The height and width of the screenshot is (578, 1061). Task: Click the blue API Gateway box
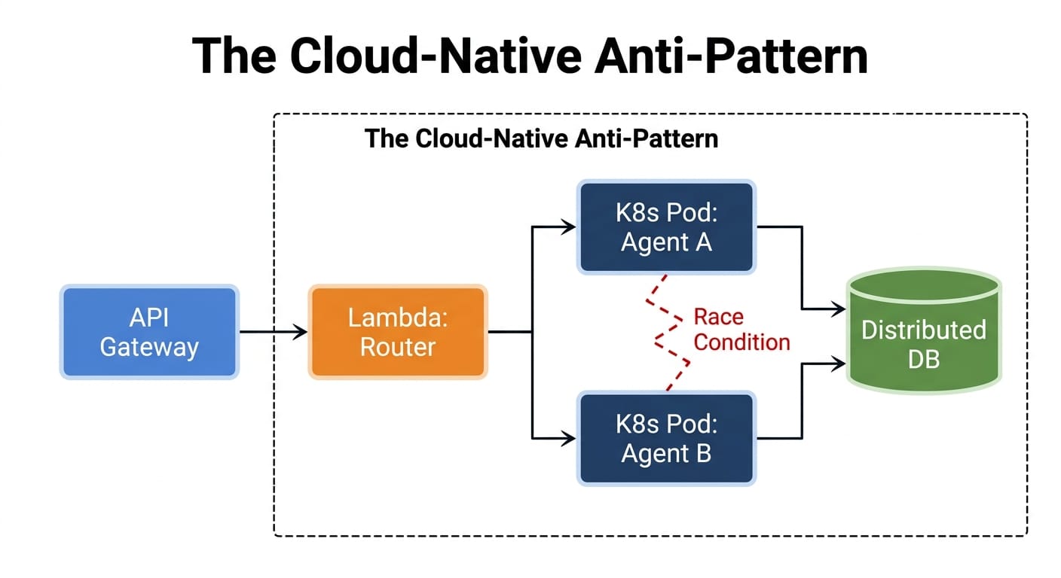149,332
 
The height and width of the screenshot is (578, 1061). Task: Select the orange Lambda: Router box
398,332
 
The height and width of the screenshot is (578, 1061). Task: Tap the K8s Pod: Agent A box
666,227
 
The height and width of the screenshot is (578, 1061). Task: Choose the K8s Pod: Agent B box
666,438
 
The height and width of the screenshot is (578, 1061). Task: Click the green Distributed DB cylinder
923,332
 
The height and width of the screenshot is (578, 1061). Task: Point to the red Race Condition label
741,329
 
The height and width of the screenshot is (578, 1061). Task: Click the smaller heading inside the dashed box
541,139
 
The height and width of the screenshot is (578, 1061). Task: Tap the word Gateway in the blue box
149,347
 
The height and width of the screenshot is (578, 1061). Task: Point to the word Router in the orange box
398,347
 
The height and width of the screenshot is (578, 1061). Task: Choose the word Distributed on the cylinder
923,330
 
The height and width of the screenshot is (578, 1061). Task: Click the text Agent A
666,242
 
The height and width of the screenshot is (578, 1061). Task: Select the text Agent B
666,454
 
